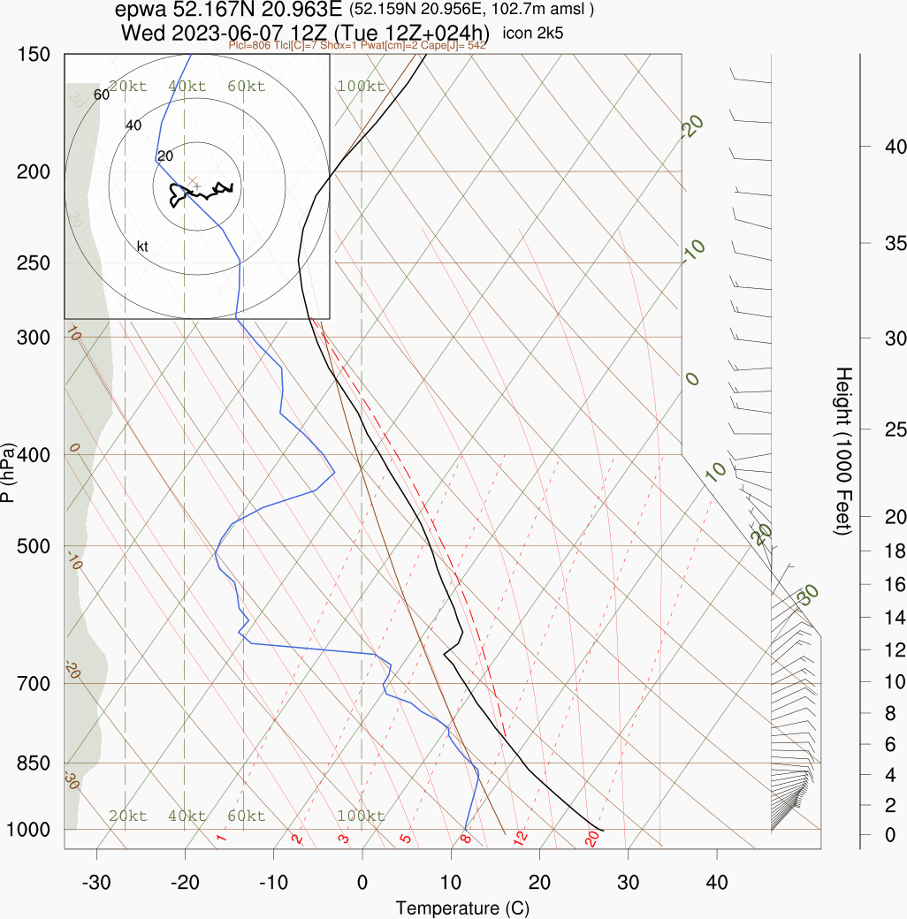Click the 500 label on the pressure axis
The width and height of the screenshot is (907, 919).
pos(33,546)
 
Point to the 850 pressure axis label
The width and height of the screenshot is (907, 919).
pos(33,763)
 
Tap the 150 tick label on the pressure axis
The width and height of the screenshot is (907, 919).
pos(33,55)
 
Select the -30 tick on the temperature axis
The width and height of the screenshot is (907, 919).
pos(96,882)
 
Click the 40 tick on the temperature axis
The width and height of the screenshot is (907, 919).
pos(717,882)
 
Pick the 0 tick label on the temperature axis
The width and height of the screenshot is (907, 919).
pos(362,882)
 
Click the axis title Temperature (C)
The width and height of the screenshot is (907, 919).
pos(462,908)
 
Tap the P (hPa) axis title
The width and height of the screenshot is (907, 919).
pos(8,473)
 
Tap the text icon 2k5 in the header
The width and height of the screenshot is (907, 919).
pos(533,34)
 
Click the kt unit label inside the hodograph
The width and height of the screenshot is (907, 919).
pos(142,246)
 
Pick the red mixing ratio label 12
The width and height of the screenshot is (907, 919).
pos(521,836)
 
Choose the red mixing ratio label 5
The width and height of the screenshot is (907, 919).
pos(406,838)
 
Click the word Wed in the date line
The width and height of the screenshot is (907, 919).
pos(141,33)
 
